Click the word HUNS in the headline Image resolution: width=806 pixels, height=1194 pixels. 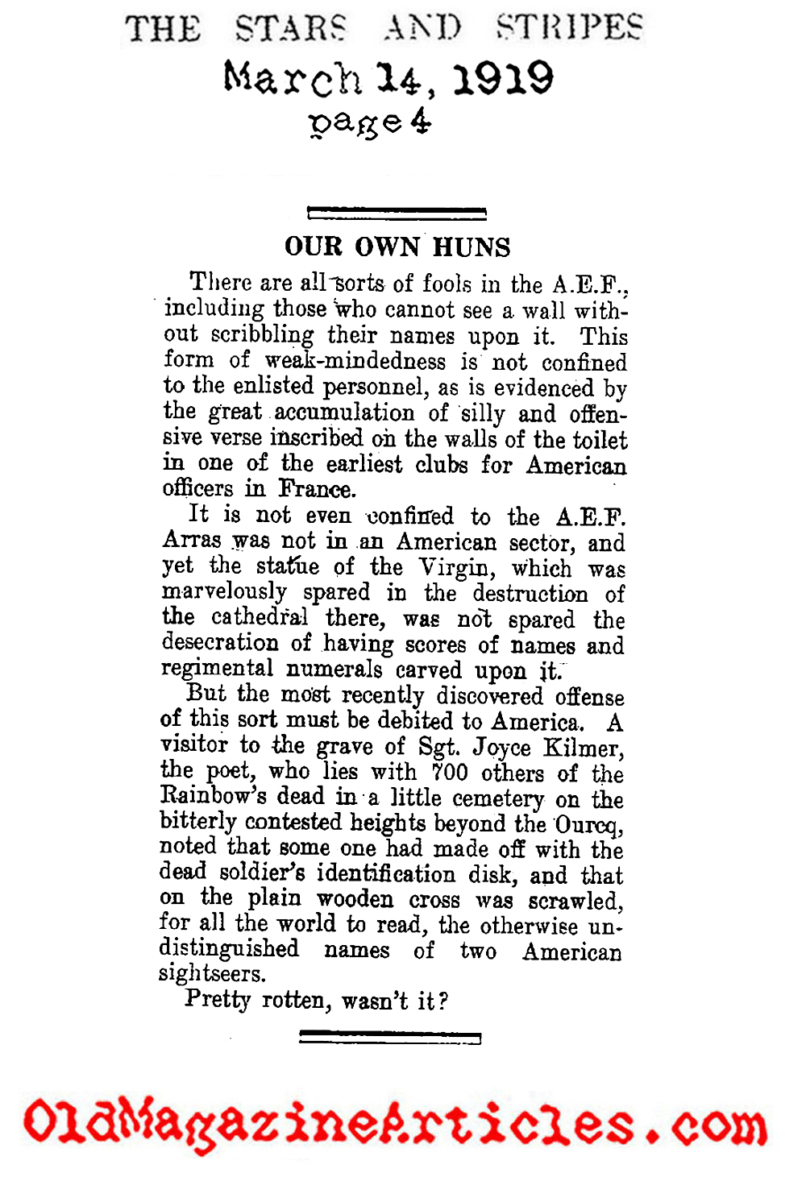472,247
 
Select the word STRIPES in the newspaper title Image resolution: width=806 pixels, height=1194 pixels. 569,29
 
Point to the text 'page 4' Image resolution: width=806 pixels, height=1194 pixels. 370,122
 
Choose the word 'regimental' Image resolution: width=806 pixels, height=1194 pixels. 217,669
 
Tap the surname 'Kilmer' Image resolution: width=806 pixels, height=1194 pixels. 583,747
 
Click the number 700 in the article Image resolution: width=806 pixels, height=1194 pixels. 450,773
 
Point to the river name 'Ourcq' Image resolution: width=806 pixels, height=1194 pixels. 589,824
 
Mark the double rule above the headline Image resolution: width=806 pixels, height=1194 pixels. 397,214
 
